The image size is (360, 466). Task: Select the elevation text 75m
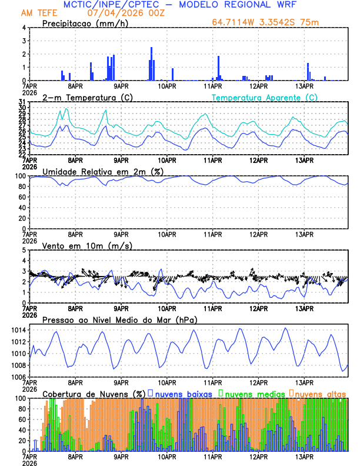point(311,22)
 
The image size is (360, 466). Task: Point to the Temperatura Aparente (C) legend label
point(264,97)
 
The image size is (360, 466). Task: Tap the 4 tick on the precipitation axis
point(24,28)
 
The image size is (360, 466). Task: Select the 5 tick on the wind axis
point(24,250)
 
